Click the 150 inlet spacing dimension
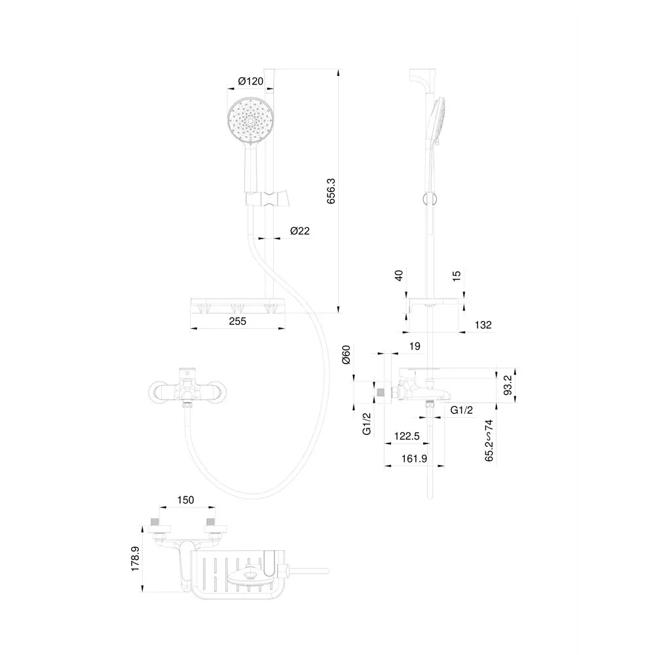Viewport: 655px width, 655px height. tap(186, 500)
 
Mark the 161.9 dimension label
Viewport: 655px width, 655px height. tap(414, 458)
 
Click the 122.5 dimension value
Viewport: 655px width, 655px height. tap(407, 435)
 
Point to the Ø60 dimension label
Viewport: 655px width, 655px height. tap(346, 358)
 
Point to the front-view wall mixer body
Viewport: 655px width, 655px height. tap(186, 391)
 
